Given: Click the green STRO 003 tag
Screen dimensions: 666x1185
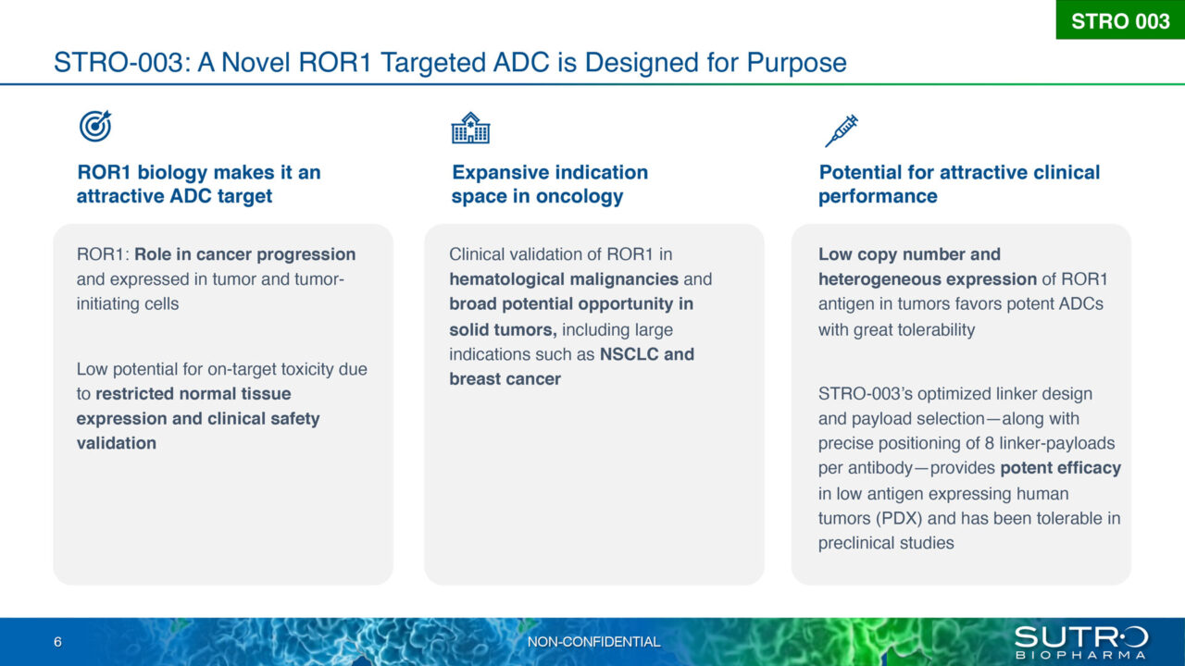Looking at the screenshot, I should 1120,20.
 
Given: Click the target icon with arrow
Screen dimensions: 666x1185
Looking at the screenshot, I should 95,126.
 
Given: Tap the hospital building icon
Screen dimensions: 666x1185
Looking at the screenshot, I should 470,129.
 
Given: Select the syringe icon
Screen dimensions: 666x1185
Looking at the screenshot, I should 842,130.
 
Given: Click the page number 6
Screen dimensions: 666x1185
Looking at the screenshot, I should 57,642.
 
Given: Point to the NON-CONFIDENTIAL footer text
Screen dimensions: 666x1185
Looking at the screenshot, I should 593,642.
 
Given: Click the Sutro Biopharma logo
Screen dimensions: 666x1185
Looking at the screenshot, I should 1080,642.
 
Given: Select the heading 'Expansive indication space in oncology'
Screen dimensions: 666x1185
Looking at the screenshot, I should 550,184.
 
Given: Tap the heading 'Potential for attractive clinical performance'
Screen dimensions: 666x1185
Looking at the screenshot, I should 959,184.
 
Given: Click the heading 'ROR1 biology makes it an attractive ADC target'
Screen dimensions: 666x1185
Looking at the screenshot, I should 198,184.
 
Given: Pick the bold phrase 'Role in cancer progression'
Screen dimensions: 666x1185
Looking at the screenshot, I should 245,254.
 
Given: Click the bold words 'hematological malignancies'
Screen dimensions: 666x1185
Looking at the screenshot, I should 564,279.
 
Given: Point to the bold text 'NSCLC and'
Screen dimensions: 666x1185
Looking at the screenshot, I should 646,354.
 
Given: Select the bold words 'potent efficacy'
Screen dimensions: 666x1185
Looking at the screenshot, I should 1061,468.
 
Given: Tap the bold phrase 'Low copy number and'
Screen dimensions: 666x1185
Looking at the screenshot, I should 909,254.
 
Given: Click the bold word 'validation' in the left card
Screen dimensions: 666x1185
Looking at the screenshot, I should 117,443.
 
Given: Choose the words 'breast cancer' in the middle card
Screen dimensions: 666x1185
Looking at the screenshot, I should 505,379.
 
